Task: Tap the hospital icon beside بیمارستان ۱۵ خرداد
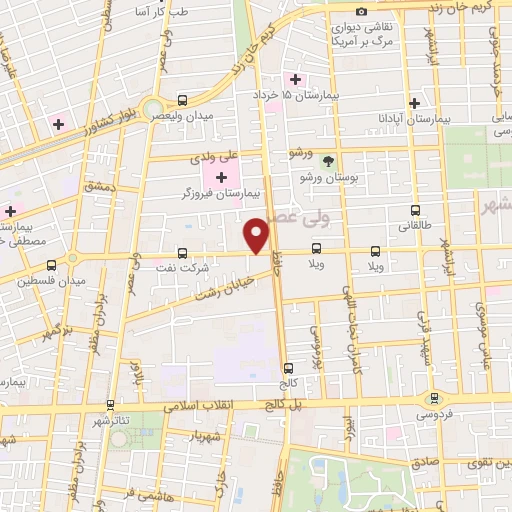[x=295, y=79]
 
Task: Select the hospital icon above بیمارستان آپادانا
[x=414, y=103]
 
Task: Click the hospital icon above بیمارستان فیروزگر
[x=221, y=176]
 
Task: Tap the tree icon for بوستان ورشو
[x=328, y=160]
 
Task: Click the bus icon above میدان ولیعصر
[x=182, y=100]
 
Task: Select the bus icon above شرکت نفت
[x=182, y=253]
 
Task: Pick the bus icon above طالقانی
[x=415, y=210]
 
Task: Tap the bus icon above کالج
[x=289, y=368]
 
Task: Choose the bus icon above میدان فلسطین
[x=50, y=265]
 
